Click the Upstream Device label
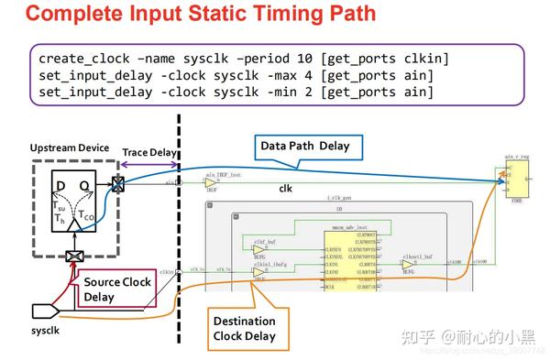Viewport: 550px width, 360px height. coord(69,147)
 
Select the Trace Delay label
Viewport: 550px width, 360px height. coord(148,152)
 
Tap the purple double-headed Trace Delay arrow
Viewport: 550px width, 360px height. coord(148,164)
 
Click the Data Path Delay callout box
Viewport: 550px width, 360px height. coord(304,146)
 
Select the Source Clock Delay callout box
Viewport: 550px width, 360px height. coord(117,290)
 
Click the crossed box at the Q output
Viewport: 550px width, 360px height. coord(118,183)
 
